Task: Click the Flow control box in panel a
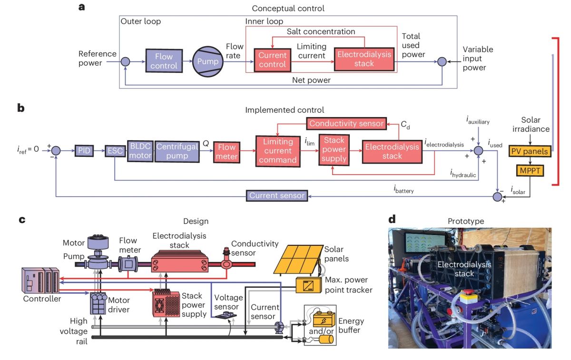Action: click(164, 61)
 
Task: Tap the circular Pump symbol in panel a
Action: click(207, 61)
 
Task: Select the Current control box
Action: click(272, 60)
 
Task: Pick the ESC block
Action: click(114, 151)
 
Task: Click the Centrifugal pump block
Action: click(177, 151)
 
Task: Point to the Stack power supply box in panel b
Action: click(334, 150)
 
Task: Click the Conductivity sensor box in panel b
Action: click(346, 124)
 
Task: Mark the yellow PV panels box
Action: click(529, 151)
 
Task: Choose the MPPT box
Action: click(529, 170)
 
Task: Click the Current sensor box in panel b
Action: click(276, 195)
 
